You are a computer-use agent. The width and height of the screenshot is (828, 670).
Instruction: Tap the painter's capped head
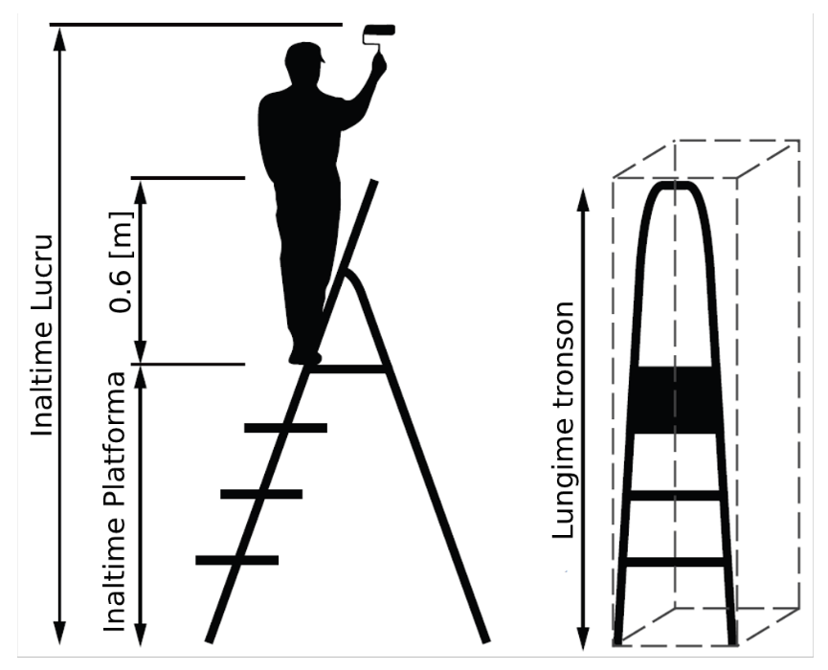click(303, 62)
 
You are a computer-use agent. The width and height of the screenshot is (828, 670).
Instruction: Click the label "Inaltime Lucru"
click(42, 336)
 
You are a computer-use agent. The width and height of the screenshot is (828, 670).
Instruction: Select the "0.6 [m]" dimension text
click(122, 262)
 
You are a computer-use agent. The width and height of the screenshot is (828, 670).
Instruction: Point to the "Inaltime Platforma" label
click(115, 502)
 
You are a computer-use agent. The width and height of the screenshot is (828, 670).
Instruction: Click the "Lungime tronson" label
click(563, 420)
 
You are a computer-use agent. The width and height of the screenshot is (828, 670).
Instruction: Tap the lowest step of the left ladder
click(236, 560)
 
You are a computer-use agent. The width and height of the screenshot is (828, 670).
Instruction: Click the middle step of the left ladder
click(261, 494)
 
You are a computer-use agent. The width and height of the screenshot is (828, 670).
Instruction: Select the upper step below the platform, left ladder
click(285, 428)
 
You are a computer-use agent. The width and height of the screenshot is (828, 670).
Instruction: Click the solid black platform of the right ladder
click(674, 400)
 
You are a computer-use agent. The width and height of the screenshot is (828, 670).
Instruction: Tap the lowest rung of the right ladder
click(675, 562)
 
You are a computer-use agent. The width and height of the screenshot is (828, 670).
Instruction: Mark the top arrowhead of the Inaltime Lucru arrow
click(60, 38)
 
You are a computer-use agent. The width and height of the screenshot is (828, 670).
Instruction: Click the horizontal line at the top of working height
click(196, 24)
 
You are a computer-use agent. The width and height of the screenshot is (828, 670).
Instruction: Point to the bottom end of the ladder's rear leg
click(486, 641)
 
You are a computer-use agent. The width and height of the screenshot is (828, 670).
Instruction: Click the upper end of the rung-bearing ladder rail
click(375, 182)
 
